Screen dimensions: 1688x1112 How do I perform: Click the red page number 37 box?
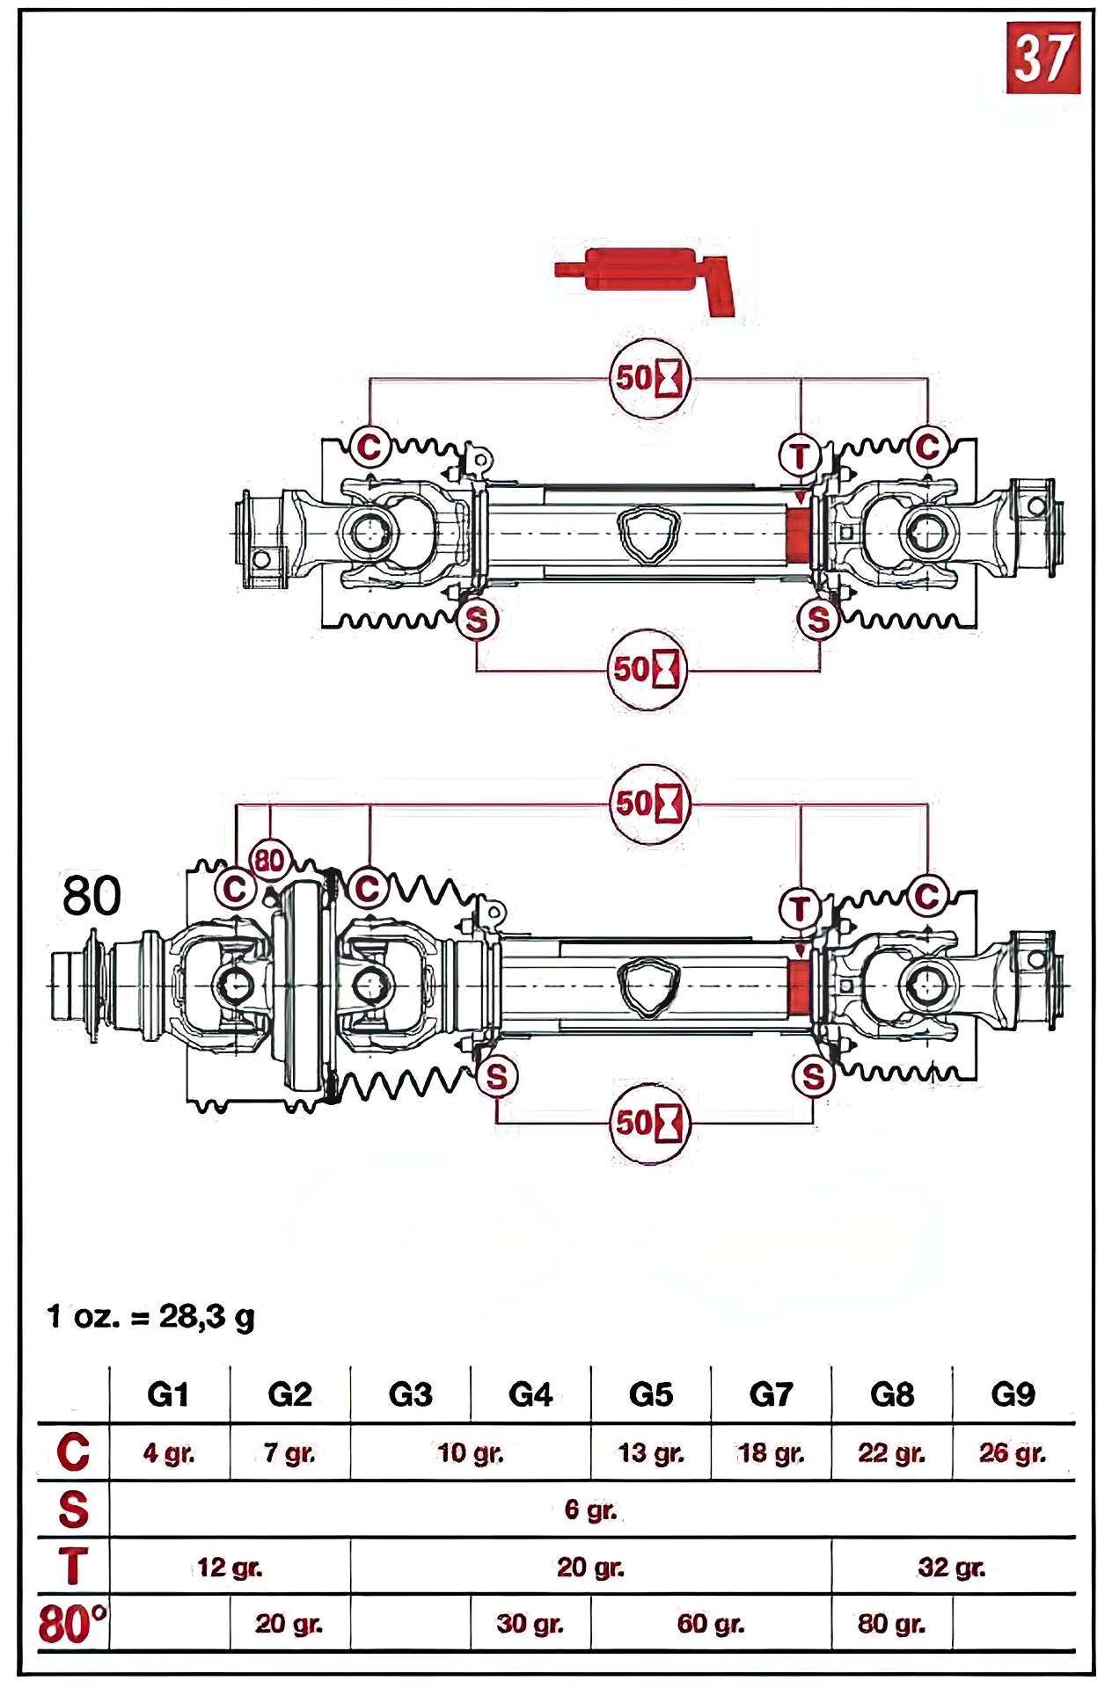tap(1042, 58)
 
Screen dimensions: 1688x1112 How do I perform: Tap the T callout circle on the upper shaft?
tap(800, 456)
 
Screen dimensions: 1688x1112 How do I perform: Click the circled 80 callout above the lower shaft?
tap(269, 860)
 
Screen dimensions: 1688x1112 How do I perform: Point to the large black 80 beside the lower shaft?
tap(91, 896)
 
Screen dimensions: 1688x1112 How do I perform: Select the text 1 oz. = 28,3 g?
tap(151, 1317)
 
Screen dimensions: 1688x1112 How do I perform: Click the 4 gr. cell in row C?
tap(169, 1453)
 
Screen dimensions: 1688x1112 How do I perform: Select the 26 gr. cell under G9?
tap(1012, 1453)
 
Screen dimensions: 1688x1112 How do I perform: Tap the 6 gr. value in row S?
tap(590, 1510)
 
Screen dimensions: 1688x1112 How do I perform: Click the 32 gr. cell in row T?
tap(951, 1568)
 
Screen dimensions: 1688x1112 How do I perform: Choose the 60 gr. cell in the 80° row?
tap(711, 1624)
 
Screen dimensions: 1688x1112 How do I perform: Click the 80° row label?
tap(72, 1624)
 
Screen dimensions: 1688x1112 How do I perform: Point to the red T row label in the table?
tap(73, 1567)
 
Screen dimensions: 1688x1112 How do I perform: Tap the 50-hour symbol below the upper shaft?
tap(647, 670)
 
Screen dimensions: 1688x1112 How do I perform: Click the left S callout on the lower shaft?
tap(497, 1077)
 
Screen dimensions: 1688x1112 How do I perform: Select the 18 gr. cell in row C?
tap(771, 1453)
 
